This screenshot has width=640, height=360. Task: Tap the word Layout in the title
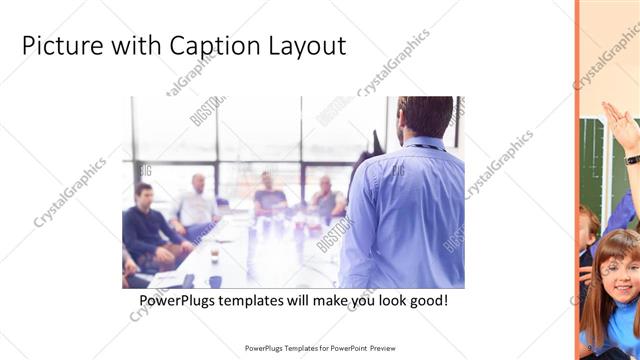coord(307,46)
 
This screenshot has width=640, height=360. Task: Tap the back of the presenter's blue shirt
coord(405,210)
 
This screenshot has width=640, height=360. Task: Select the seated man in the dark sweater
coord(147,225)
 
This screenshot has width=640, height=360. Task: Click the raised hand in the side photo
coord(621,124)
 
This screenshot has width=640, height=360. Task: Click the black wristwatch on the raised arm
coord(632,159)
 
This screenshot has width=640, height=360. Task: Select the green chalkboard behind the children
coord(596,160)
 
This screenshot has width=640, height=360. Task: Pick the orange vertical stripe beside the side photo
coord(577,180)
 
